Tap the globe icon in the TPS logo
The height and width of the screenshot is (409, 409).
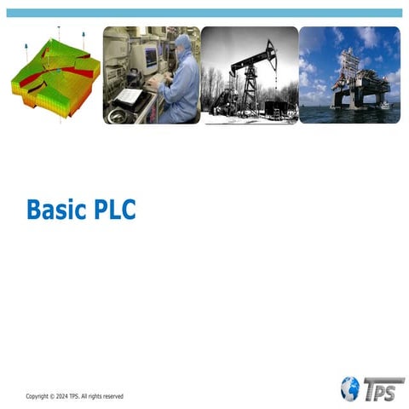tap(349, 389)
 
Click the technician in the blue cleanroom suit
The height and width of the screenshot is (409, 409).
tap(180, 81)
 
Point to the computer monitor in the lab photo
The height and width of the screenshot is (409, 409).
tap(151, 57)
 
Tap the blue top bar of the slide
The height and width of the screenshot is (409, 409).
tap(204, 13)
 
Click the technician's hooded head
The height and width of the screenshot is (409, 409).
tap(183, 43)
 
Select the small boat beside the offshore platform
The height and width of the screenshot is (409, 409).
tap(385, 106)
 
